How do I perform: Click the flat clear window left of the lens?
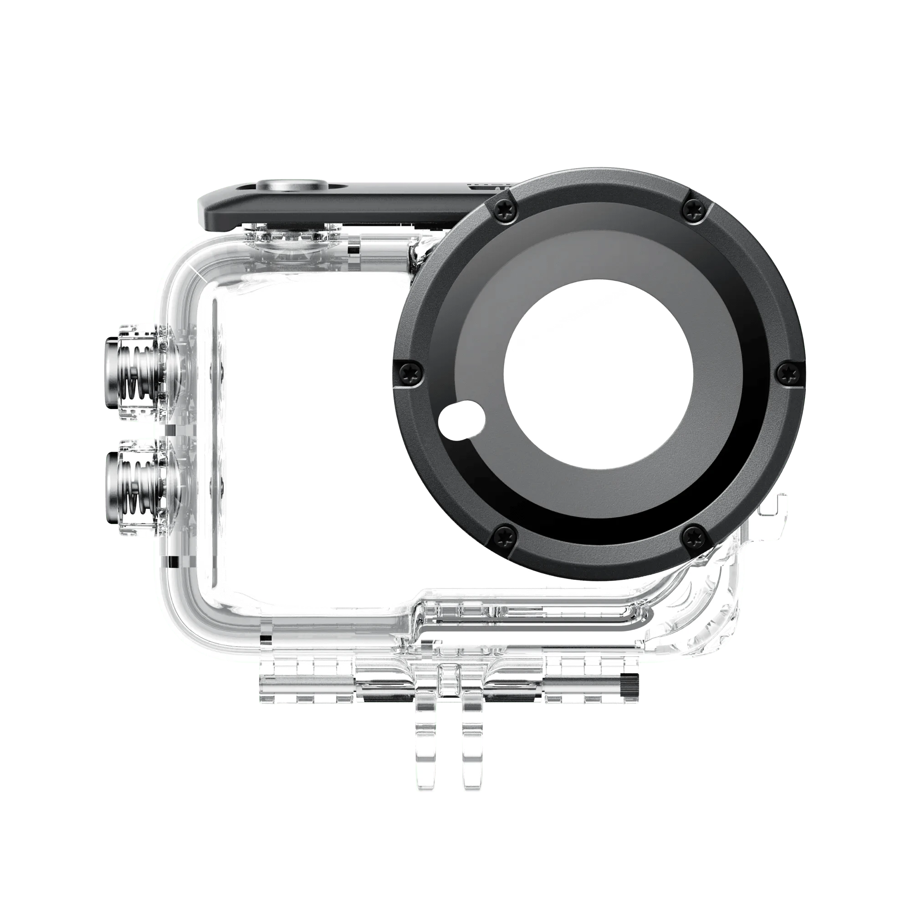click(x=302, y=425)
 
